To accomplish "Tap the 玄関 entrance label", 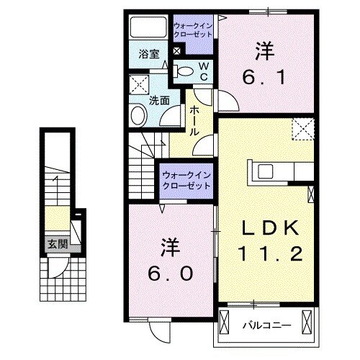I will coord(58,243).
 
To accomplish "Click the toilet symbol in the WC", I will coord(184,71).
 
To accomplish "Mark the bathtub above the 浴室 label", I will coord(148,29).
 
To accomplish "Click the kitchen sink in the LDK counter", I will coord(261,172).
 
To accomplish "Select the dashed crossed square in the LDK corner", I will coord(302,129).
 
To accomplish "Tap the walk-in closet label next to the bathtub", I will coord(193,30).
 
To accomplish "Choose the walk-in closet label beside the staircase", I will coord(186,179).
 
